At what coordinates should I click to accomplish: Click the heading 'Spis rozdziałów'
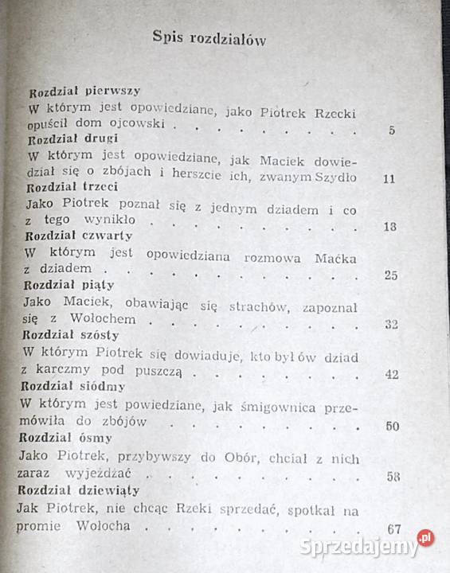coord(209,38)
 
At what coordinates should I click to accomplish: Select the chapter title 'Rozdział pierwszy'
coord(84,92)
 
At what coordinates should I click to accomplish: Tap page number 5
coord(392,130)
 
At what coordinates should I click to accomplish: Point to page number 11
coord(388,178)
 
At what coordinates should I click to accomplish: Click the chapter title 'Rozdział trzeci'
coord(72,187)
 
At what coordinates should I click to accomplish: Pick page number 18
coord(389,227)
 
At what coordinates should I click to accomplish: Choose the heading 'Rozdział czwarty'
coord(79,236)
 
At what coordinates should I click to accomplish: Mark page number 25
coord(390,275)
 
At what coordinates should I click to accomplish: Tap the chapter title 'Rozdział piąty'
coord(70,285)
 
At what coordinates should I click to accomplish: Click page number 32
coord(390,324)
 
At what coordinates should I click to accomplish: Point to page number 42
coord(390,375)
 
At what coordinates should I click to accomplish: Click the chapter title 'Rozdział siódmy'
coord(74,386)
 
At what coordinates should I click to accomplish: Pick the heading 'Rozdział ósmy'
coord(68,438)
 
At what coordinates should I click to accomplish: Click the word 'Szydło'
coord(335,177)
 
